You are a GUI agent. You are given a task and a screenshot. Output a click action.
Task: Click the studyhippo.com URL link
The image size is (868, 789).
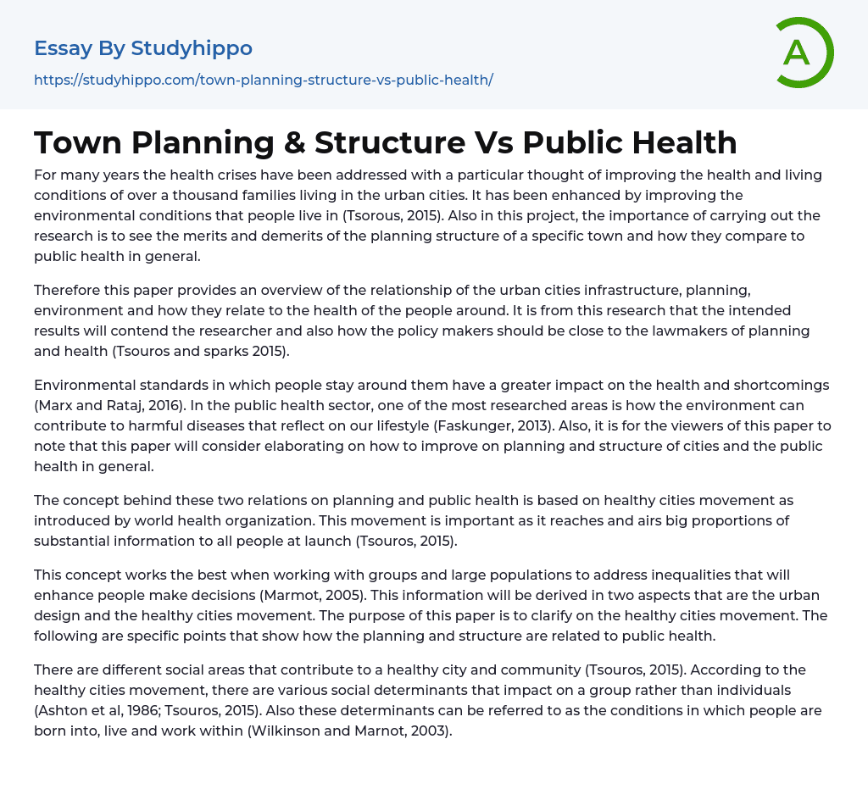point(263,80)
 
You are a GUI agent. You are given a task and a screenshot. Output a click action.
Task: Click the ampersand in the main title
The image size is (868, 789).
point(294,142)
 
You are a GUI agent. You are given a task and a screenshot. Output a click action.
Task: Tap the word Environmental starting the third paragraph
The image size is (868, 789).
point(84,385)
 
